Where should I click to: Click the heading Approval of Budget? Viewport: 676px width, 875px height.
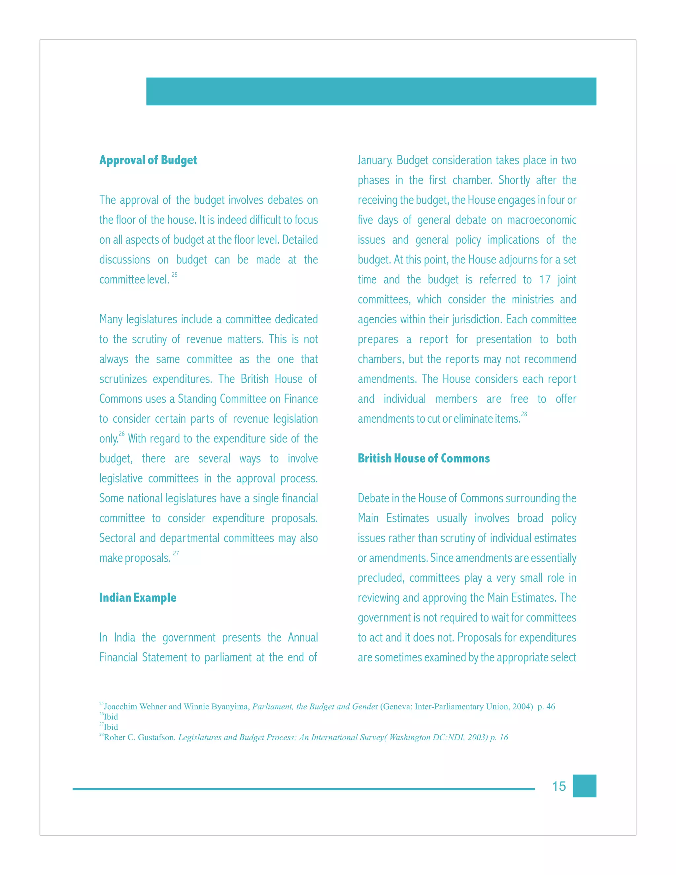[148, 160]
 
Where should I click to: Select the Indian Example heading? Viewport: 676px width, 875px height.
[138, 598]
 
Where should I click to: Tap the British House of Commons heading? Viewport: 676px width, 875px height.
[424, 458]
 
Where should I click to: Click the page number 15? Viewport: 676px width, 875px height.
[559, 786]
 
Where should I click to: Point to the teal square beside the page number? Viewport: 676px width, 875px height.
[584, 786]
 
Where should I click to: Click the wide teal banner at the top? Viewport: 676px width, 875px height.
[371, 91]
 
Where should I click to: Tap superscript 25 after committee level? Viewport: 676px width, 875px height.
[174, 275]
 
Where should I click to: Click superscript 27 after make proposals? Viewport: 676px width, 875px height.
[176, 553]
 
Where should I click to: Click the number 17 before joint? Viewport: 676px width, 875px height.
[545, 280]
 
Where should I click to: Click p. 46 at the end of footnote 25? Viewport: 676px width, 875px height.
[546, 706]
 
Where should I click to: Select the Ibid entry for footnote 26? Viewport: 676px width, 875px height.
[111, 717]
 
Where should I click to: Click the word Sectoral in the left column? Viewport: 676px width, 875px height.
[117, 538]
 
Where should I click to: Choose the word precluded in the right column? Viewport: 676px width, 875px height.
[381, 578]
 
